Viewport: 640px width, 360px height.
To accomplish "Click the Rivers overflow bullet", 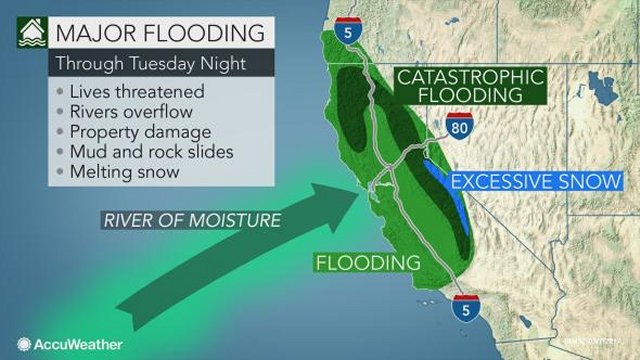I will coord(125,111).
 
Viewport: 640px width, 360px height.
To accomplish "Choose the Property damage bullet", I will coord(133,131).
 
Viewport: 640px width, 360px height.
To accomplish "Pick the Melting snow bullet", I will coord(115,172).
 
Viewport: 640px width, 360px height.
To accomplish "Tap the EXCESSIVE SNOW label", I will coord(529,182).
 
